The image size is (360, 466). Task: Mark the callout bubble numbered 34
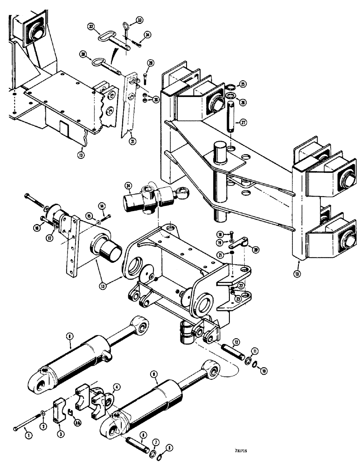(147, 34)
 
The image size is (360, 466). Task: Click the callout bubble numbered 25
(242, 84)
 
